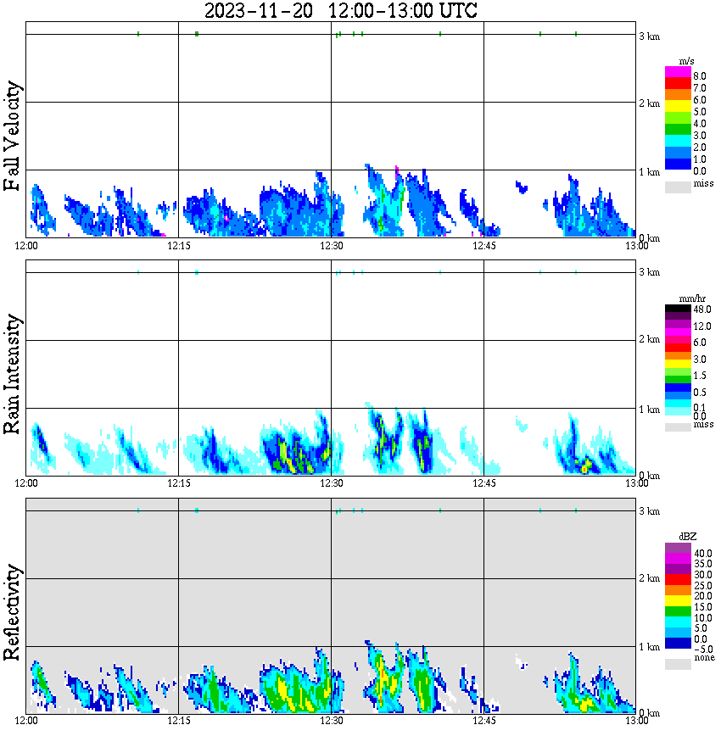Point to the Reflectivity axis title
coord(13,612)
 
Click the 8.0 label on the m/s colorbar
coord(699,75)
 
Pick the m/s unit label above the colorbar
coord(687,61)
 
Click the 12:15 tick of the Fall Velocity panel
coord(178,246)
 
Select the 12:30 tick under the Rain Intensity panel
coord(331,483)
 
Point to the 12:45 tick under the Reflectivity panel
coord(483,722)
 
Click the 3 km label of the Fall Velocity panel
coord(649,36)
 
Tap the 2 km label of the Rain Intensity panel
coord(649,341)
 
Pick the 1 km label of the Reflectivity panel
coord(649,648)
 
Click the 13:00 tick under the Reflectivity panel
coord(636,722)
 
